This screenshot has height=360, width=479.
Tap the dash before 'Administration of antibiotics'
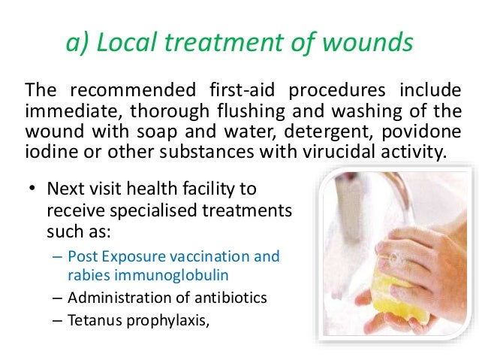[59, 297]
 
